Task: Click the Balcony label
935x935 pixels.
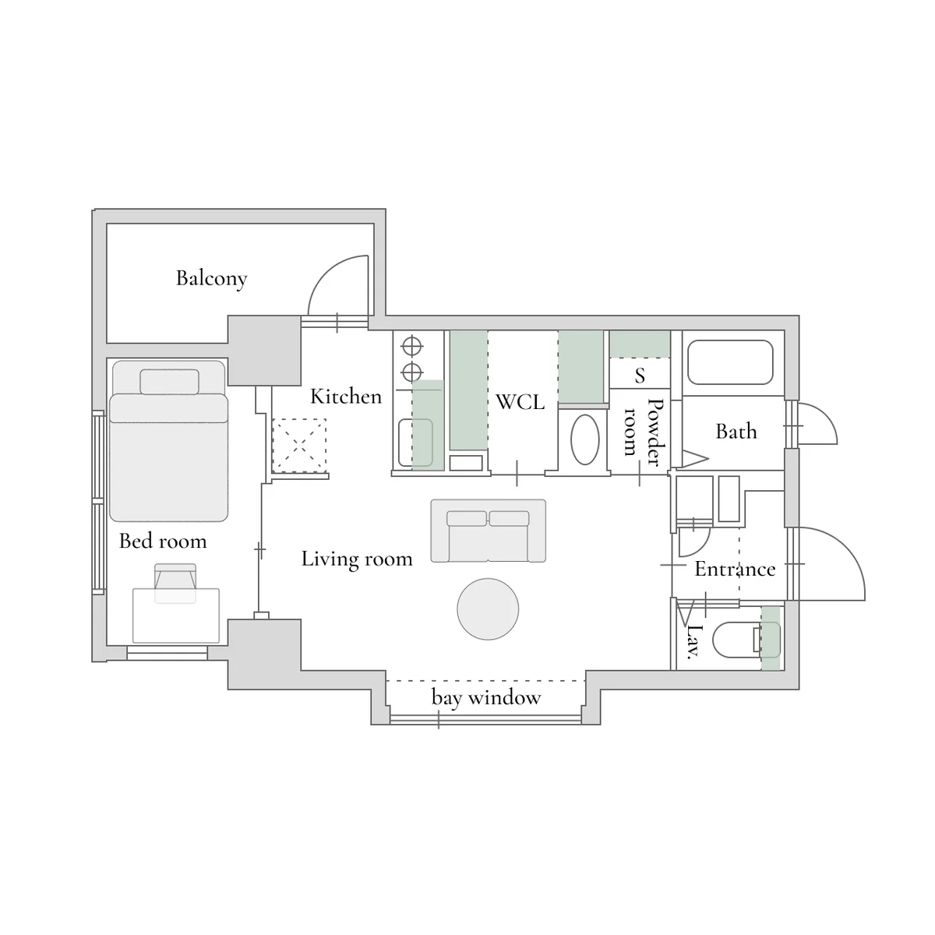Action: (212, 278)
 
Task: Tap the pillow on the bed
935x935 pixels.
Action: (169, 381)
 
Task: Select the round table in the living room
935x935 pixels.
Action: (488, 609)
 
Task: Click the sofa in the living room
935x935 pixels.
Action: (488, 531)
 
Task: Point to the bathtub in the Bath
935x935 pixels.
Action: (730, 362)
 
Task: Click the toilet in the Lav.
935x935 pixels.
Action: (746, 640)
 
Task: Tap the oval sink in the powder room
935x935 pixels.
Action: (584, 439)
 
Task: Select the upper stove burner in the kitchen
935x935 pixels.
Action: (412, 347)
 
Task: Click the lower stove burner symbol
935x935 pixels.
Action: (412, 372)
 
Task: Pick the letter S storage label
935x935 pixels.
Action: (640, 375)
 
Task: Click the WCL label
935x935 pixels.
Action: (520, 402)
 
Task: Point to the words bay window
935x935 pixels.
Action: (486, 697)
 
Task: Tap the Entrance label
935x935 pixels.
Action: (735, 569)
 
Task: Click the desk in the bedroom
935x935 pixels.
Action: (176, 616)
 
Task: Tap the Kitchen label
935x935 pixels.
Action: (346, 397)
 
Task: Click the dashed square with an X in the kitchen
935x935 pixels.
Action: (299, 446)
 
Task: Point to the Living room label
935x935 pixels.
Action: (357, 559)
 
